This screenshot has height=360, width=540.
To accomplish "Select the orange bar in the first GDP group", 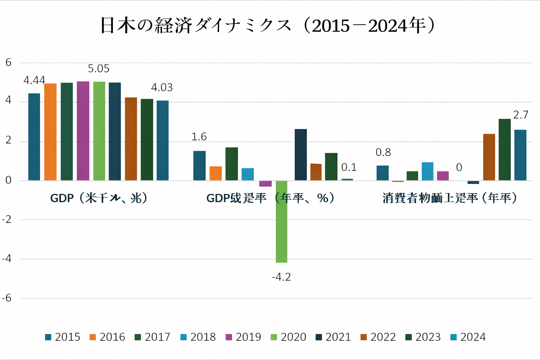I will click(x=50, y=132).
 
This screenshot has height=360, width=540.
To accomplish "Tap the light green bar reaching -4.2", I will click(x=282, y=221).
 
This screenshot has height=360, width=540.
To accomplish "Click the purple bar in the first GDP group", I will click(x=83, y=131).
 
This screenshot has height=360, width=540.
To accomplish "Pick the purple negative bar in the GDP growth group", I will click(x=265, y=184).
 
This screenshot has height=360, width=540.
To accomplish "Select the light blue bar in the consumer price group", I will click(x=427, y=172).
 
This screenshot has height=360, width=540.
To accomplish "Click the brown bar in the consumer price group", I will click(x=489, y=157).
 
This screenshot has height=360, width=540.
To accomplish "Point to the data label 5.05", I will click(x=98, y=69).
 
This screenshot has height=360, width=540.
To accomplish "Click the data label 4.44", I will click(x=34, y=81).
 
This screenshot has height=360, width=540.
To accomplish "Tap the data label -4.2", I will click(x=281, y=277).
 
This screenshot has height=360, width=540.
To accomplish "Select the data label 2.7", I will click(x=521, y=115).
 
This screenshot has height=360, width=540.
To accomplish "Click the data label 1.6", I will click(x=199, y=137).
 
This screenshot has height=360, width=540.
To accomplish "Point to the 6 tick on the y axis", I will click(x=8, y=63).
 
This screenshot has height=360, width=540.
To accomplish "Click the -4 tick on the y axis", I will click(x=7, y=259).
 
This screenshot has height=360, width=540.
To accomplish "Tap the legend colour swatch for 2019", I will click(x=229, y=337).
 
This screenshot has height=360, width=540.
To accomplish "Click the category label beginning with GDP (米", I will click(x=98, y=198).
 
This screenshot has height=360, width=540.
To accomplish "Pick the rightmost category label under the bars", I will click(x=450, y=198).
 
